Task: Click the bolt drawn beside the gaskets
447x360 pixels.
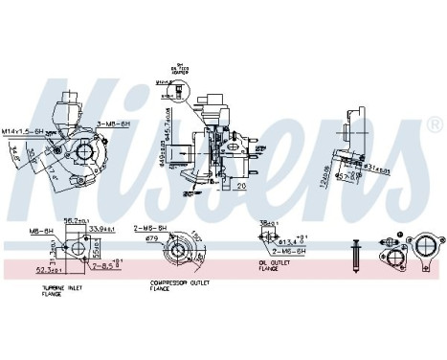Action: click(x=355, y=253)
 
